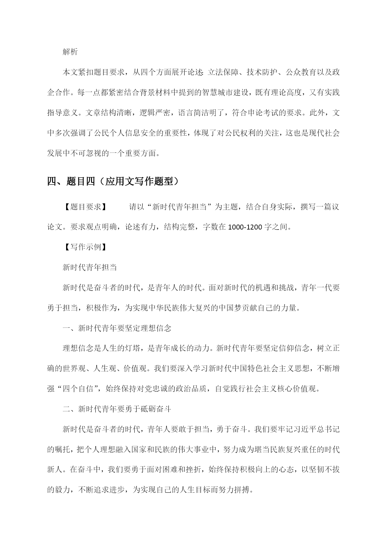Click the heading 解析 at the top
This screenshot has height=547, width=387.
pyautogui.click(x=70, y=52)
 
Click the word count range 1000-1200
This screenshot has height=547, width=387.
pyautogui.click(x=245, y=227)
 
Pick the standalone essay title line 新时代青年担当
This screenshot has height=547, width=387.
pyautogui.click(x=89, y=267)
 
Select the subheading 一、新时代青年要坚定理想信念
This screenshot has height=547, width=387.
pyautogui.click(x=117, y=328)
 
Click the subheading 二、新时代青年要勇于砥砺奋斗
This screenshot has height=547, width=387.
pyautogui.click(x=117, y=409)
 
